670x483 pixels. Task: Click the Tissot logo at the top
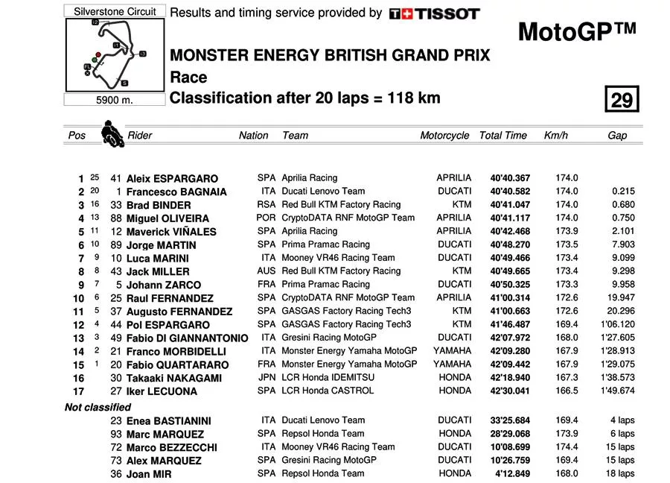click(x=434, y=13)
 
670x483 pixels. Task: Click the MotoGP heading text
click(x=577, y=32)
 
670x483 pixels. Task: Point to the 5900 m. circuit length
click(x=115, y=101)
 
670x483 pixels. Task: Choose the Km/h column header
click(x=555, y=136)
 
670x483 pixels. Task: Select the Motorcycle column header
click(x=444, y=136)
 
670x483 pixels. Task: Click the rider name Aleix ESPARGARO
click(x=172, y=179)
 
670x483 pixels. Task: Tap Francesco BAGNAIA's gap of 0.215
click(x=622, y=192)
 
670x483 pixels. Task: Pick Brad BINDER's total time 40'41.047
click(x=510, y=205)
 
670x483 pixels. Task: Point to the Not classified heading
click(x=98, y=407)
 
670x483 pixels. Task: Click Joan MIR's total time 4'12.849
click(x=513, y=473)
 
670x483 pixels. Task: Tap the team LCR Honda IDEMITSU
click(x=328, y=378)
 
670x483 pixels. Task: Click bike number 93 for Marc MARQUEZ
click(x=115, y=434)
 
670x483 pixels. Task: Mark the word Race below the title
click(x=188, y=77)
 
